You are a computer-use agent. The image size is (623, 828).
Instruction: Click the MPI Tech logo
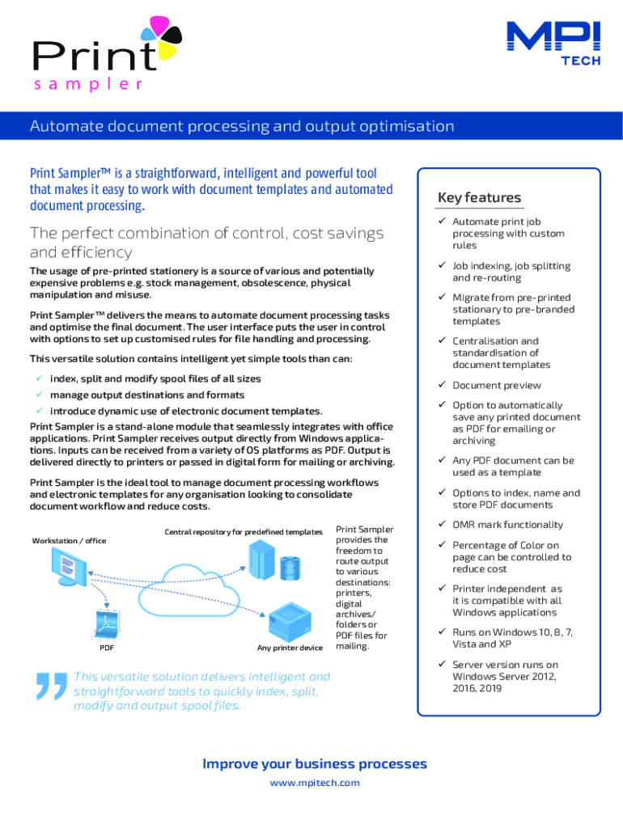[x=553, y=43]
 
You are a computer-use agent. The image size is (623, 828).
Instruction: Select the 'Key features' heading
[x=479, y=198]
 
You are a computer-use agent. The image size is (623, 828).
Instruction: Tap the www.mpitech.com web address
[x=315, y=783]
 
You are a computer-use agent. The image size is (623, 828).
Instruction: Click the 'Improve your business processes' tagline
[x=315, y=764]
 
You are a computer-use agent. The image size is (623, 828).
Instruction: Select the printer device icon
[x=290, y=621]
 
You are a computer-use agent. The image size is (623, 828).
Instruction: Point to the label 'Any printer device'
[x=290, y=648]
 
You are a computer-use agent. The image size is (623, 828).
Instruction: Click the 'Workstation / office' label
[x=69, y=540]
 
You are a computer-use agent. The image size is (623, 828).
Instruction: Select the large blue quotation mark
[x=50, y=688]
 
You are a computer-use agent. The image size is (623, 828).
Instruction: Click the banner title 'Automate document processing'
[x=242, y=126]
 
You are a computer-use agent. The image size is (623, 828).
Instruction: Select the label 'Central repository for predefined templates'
[x=244, y=532]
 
